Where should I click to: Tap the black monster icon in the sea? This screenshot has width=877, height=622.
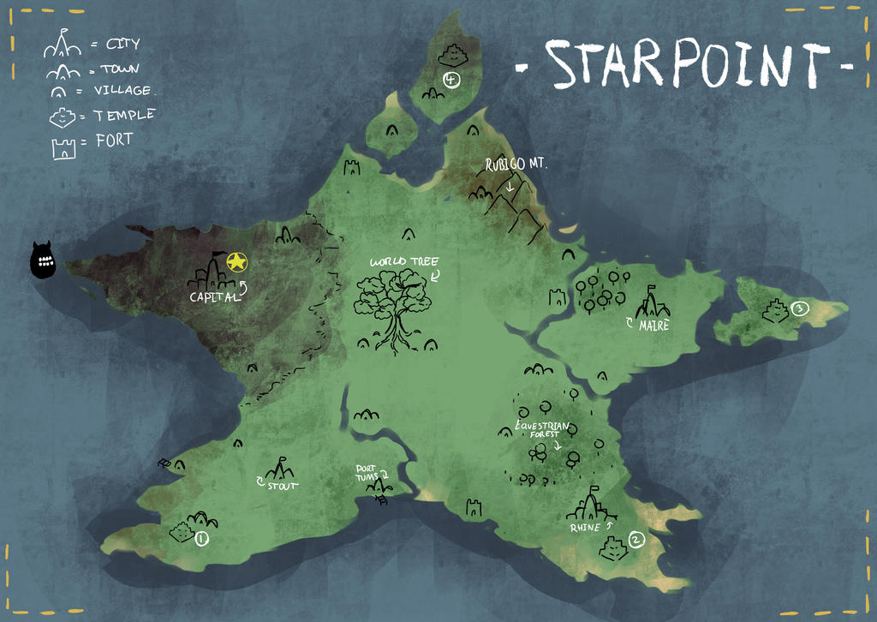click(x=42, y=260)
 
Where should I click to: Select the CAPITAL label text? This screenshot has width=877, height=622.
click(x=214, y=296)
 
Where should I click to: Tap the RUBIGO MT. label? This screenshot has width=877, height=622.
click(x=516, y=163)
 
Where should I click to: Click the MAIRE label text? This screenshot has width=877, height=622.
click(x=653, y=326)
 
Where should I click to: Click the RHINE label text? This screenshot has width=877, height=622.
click(x=585, y=528)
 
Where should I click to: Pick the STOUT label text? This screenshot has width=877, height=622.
click(x=283, y=486)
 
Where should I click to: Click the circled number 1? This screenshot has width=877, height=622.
click(x=201, y=539)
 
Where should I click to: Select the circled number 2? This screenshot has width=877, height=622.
click(x=635, y=539)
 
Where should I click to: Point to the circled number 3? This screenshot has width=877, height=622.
click(x=799, y=308)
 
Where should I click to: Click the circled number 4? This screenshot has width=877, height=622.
click(x=452, y=80)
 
